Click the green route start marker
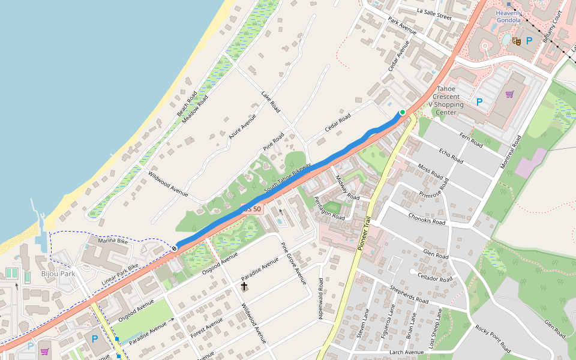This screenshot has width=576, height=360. pos(403,112)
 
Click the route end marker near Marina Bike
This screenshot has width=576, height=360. pos(175,248)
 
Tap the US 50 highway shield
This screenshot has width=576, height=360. pos(252,209)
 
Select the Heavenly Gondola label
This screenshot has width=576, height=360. pos(509,16)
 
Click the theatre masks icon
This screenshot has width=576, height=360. pos(515,41)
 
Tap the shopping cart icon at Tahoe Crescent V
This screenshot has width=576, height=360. pos(510,94)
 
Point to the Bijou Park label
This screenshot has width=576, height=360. pos(58,274)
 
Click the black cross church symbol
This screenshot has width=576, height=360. pos(244,287)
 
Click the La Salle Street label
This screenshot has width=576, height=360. pos(434,14)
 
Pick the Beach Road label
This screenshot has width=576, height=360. pos(187,104)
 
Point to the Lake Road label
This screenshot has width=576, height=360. pos(271,102)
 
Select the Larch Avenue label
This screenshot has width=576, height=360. pos(406,352)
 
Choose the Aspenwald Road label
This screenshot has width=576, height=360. pos(321,298)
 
